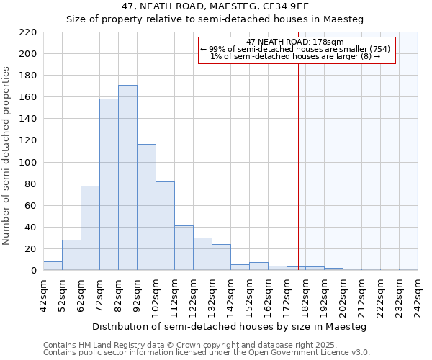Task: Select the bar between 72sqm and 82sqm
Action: (109, 184)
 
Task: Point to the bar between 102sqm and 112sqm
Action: (165, 226)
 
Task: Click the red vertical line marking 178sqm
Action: (298, 158)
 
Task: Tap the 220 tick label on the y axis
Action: (28, 32)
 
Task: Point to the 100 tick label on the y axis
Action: (28, 163)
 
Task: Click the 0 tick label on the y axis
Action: (33, 271)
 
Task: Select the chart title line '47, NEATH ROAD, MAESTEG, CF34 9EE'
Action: (216, 6)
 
